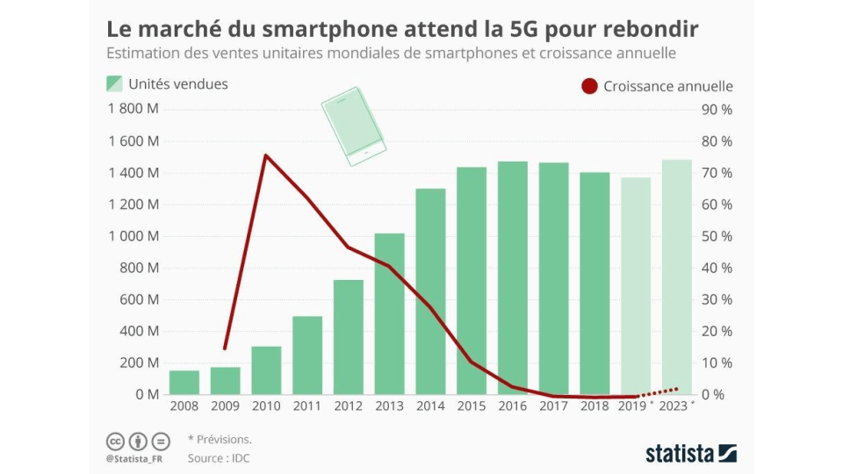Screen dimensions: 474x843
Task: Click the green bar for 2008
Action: pyautogui.click(x=184, y=383)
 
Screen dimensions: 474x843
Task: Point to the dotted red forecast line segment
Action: pyautogui.click(x=659, y=391)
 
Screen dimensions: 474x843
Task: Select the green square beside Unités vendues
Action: pyautogui.click(x=114, y=83)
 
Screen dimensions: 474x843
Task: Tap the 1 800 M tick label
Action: pyautogui.click(x=133, y=110)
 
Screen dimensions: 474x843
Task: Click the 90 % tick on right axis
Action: pyautogui.click(x=715, y=110)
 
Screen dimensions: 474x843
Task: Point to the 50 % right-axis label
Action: pyautogui.click(x=715, y=236)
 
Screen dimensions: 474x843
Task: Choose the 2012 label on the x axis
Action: pyautogui.click(x=349, y=406)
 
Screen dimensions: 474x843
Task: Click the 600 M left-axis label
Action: pyautogui.click(x=140, y=299)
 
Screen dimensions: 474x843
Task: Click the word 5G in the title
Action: pyautogui.click(x=514, y=28)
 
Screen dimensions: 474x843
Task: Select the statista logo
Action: pyautogui.click(x=690, y=453)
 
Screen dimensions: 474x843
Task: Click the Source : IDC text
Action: pyautogui.click(x=219, y=458)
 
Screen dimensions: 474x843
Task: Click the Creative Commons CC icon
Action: pyautogui.click(x=115, y=440)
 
